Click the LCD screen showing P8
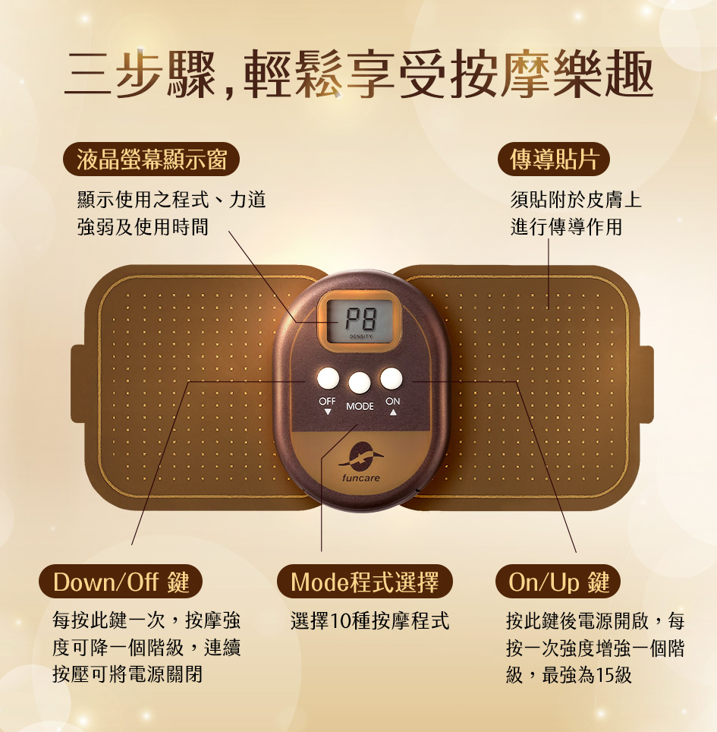coord(360,320)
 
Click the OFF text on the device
coord(327,401)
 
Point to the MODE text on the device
coord(360,406)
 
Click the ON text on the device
coord(393,401)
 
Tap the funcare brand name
coord(360,478)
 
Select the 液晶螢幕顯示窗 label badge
coord(151,159)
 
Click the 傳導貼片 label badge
coord(554,159)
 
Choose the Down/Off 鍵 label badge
coord(121,582)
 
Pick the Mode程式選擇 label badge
coord(365,582)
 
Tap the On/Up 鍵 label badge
coord(558,582)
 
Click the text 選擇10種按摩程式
coord(370,621)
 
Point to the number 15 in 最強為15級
coord(604,674)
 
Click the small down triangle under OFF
coord(328,412)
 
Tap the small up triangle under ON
coord(393,412)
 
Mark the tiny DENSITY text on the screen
coord(360,336)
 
